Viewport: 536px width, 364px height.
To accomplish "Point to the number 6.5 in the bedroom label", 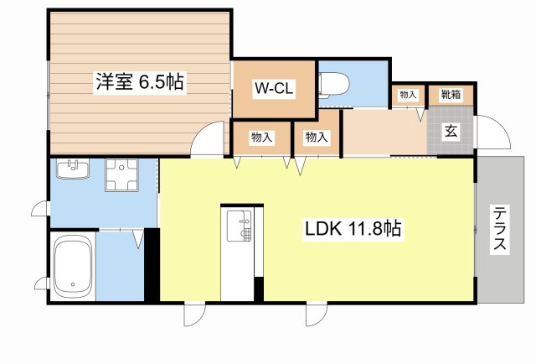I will tap(150, 82).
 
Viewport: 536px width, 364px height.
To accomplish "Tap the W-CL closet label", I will tap(274, 87).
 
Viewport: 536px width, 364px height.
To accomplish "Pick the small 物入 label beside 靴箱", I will tap(408, 96).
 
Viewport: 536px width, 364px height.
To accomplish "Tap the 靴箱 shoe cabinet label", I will tap(451, 96).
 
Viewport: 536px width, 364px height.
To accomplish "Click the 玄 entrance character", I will tap(451, 131).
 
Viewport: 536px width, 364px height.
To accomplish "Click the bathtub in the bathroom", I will tap(72, 267).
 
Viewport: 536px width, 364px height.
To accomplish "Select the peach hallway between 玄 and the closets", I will tap(383, 133).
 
